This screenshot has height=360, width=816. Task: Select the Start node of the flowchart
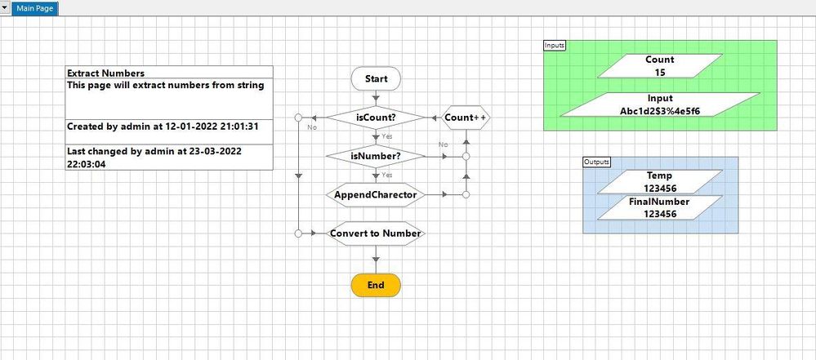click(x=376, y=79)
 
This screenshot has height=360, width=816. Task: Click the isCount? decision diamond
click(x=376, y=118)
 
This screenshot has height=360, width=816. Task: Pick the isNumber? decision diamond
click(x=376, y=156)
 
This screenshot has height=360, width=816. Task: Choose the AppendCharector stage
click(x=376, y=195)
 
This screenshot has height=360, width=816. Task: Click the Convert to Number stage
click(x=376, y=233)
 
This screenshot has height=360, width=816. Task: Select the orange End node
click(x=376, y=285)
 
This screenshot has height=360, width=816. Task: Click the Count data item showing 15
click(x=660, y=66)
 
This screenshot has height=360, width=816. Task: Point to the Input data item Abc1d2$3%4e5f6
click(x=660, y=104)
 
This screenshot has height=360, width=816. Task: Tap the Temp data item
click(x=660, y=181)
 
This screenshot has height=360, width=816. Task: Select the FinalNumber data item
click(x=660, y=207)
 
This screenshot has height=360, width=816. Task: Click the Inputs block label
click(x=555, y=45)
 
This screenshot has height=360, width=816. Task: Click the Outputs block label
click(x=596, y=162)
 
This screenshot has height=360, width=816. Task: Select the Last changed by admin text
click(x=155, y=151)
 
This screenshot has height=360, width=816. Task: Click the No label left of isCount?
click(x=312, y=127)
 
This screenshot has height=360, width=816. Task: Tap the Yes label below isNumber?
click(x=387, y=175)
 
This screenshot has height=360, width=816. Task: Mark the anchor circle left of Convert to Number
click(x=299, y=233)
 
